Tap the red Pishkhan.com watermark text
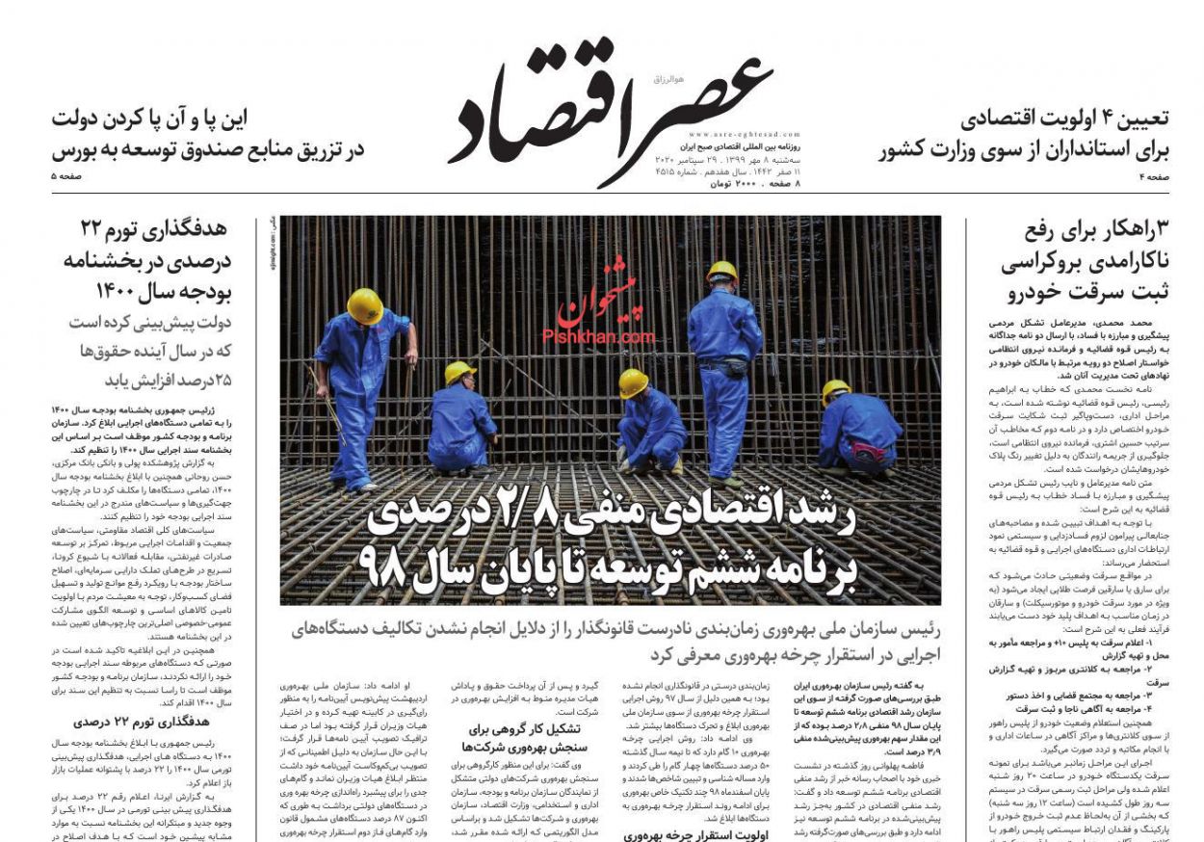[598, 336]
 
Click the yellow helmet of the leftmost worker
[365, 306]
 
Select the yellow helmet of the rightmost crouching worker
[836, 390]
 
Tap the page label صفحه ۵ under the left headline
[67, 177]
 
